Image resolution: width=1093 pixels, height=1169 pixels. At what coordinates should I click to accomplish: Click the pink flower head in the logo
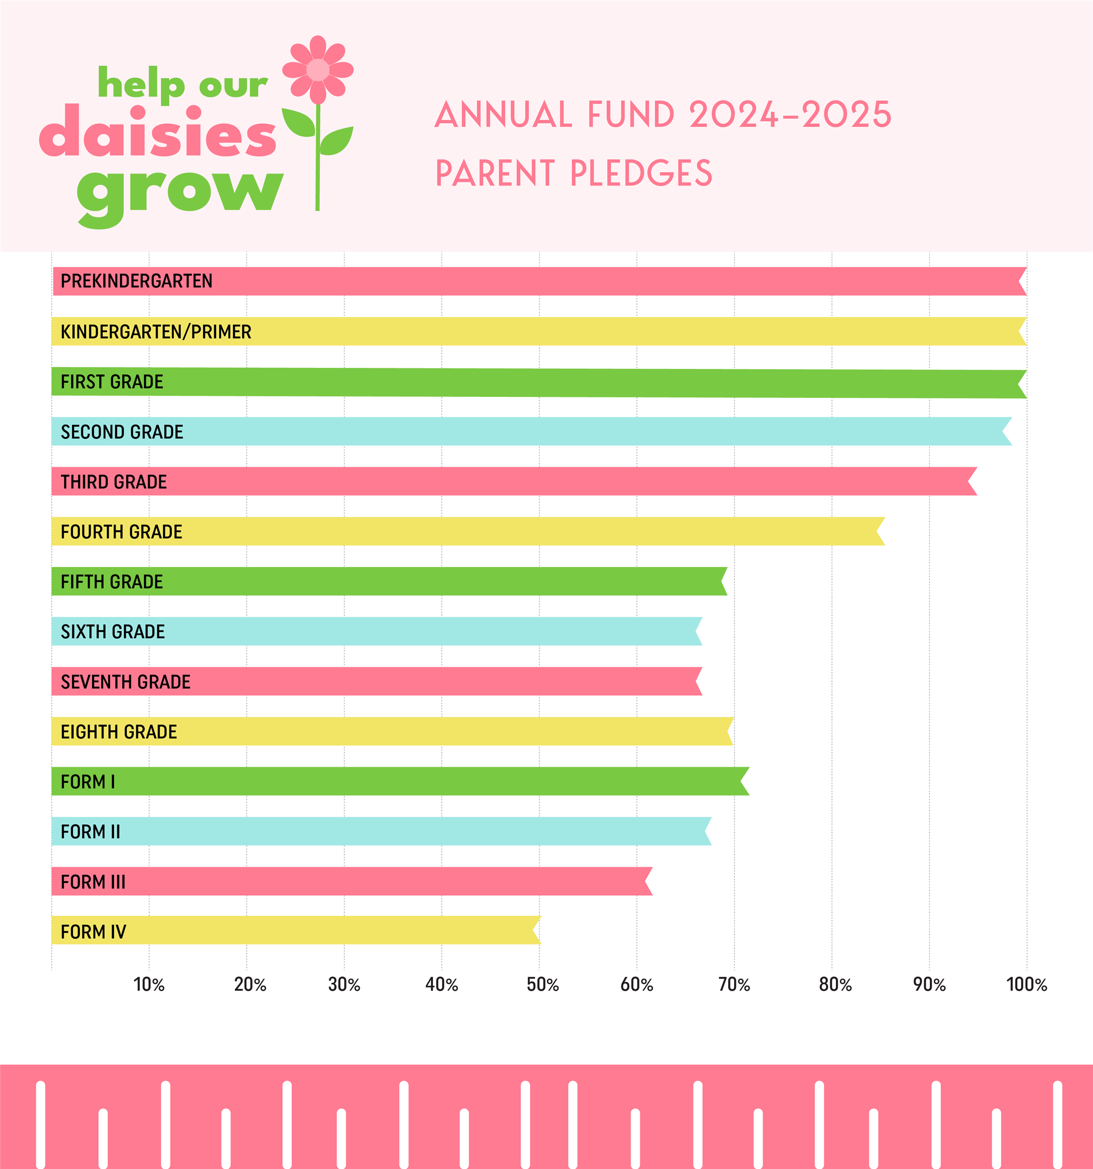[x=318, y=69]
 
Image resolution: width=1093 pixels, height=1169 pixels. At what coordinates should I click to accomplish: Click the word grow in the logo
[x=180, y=192]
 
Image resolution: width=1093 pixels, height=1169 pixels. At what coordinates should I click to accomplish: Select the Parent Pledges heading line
[x=573, y=173]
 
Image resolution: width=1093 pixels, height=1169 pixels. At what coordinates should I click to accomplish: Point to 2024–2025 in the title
[x=790, y=114]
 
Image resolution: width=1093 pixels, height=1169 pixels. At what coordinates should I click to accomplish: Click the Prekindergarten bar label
[x=136, y=281]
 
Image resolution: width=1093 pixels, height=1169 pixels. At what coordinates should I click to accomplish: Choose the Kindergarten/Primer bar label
[x=156, y=332]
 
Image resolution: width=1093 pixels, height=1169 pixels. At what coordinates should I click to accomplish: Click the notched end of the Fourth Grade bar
[x=880, y=531]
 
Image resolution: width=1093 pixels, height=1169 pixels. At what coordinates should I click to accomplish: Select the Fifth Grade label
[x=112, y=582]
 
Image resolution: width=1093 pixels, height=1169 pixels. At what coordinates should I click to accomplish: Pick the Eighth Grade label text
[x=119, y=732]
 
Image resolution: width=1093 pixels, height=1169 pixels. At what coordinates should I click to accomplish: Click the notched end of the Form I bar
[x=744, y=781]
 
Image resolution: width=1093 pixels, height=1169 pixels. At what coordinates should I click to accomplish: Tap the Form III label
[x=93, y=882]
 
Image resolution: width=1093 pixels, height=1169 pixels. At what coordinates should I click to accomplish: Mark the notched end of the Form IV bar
[x=536, y=930]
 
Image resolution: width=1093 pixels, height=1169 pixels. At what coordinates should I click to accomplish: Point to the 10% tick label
[x=149, y=984]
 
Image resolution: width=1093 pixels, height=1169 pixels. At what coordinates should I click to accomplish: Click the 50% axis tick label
[x=542, y=984]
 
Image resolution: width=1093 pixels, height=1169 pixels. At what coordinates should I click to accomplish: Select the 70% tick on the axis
[x=734, y=984]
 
